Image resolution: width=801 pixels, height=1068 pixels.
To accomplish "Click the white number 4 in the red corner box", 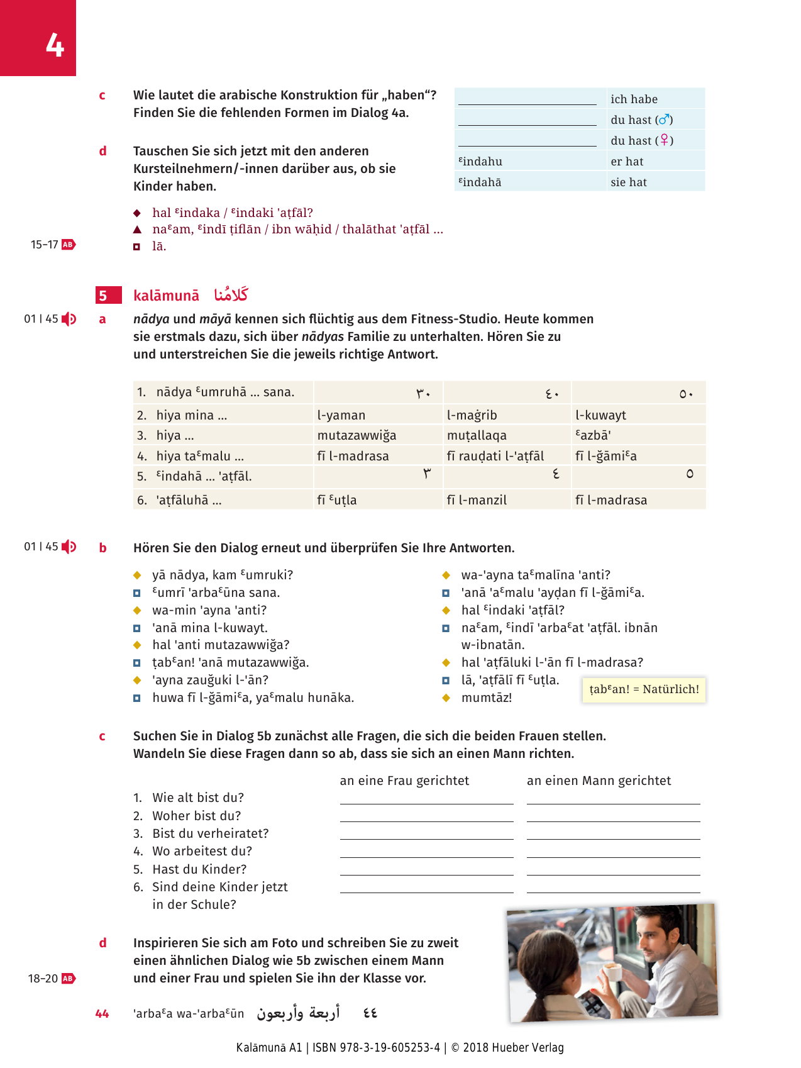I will (55, 46).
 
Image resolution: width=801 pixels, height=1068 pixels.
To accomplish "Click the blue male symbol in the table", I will (665, 120).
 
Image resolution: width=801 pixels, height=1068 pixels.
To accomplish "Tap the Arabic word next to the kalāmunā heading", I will (231, 294).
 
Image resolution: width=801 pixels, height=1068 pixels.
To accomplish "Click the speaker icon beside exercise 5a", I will (69, 319).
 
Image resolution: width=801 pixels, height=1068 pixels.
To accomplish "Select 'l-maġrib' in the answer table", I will (472, 415).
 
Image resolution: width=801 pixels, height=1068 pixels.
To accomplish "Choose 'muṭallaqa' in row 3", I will (477, 435).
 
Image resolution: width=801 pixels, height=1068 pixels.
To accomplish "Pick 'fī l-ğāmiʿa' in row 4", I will (605, 456).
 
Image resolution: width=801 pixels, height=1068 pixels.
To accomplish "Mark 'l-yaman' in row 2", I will (341, 415).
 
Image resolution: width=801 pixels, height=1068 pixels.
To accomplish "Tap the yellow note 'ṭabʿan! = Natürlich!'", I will (644, 689).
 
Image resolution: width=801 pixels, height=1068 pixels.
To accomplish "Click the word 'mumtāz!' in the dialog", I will (487, 698).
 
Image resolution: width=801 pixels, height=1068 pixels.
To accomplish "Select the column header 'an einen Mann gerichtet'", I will (599, 781).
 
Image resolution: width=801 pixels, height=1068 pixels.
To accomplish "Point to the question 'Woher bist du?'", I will (196, 816).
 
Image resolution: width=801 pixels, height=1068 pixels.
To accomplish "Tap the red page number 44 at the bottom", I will (102, 1013).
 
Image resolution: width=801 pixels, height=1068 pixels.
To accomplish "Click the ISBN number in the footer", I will (389, 1047).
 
